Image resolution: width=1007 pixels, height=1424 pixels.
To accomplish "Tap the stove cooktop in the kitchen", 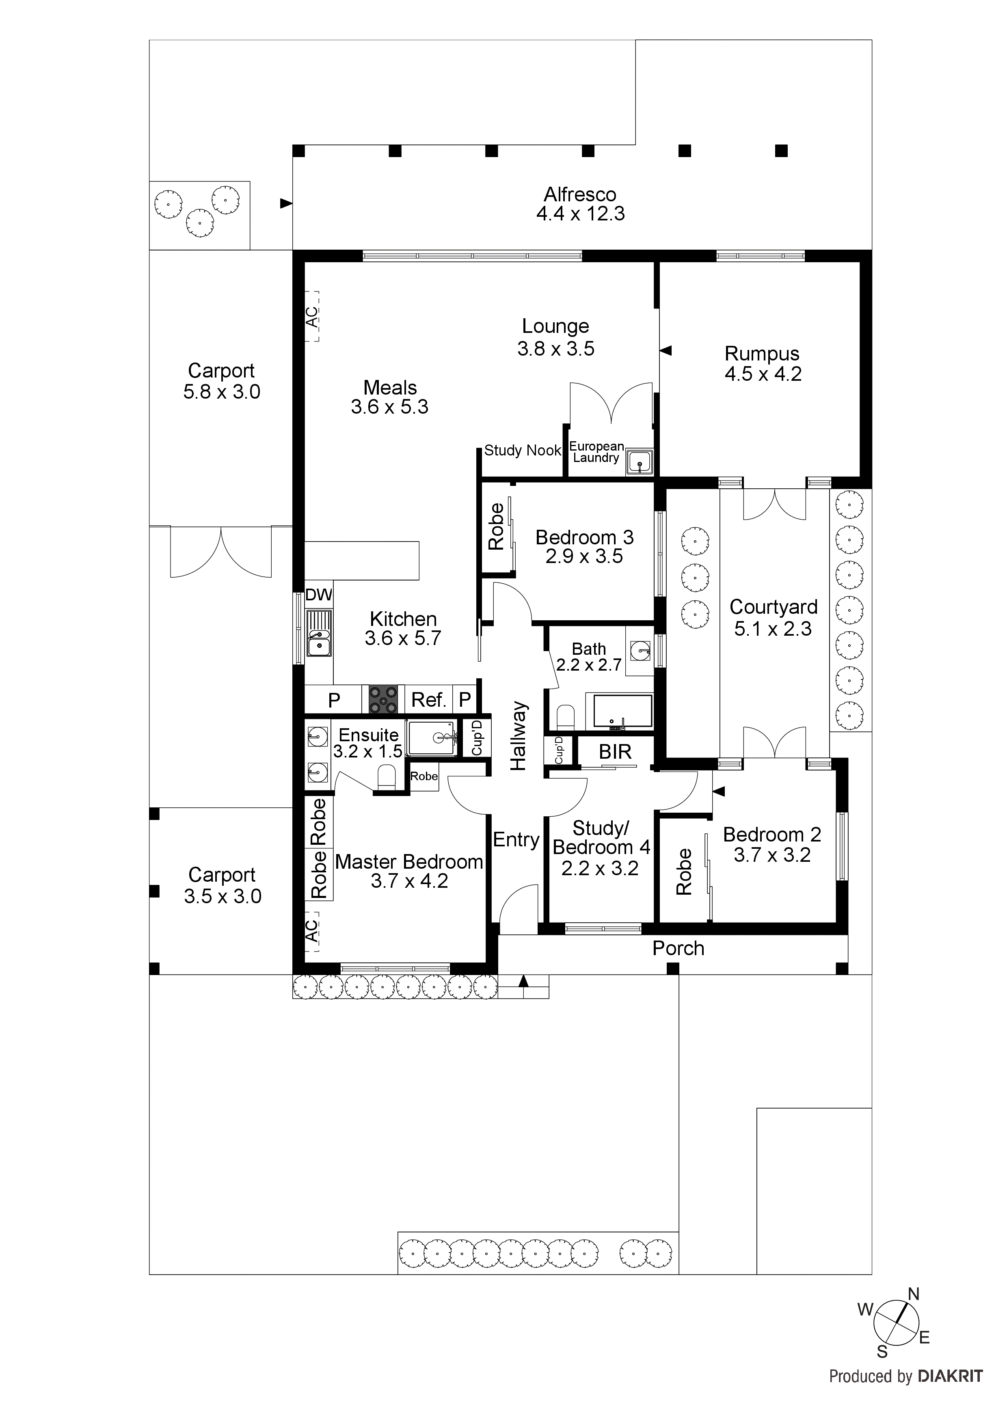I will pos(383,699).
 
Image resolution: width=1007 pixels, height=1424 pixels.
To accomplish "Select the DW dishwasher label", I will pos(318,595).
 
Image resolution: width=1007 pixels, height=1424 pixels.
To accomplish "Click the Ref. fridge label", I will pos(429,700).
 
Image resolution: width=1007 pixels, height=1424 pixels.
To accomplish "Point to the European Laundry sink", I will pos(639,462).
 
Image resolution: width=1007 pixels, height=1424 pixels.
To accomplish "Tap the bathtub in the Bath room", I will pos(623,711).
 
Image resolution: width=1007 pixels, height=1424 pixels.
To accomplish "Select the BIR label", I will pos(615,752).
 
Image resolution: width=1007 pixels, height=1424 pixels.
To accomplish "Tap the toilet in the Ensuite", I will pos(386,777).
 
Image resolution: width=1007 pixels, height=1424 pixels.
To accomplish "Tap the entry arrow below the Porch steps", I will pos(523,981).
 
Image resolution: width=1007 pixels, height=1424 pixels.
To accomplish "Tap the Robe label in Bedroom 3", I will pos(496,527).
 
